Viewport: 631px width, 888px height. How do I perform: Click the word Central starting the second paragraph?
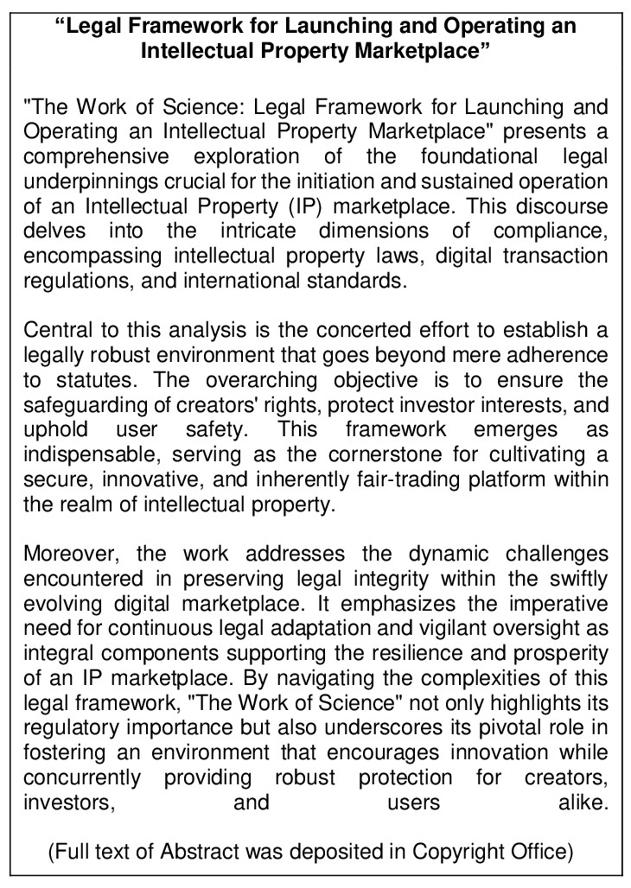(56, 332)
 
